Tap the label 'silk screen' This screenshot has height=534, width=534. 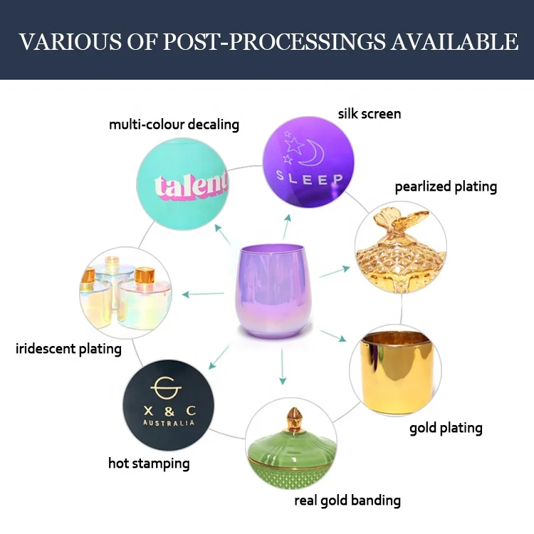pyautogui.click(x=369, y=113)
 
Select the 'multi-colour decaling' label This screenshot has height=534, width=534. pyautogui.click(x=174, y=125)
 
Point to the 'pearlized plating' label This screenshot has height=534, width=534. pyautogui.click(x=446, y=187)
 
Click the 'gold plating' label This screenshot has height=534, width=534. pyautogui.click(x=446, y=428)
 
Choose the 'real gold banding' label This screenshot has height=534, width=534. pyautogui.click(x=347, y=500)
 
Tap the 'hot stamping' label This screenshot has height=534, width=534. pyautogui.click(x=149, y=464)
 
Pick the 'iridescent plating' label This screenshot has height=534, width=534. pyautogui.click(x=68, y=349)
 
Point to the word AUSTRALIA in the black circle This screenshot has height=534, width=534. pyautogui.click(x=168, y=422)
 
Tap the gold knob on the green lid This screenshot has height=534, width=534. pyautogui.click(x=293, y=415)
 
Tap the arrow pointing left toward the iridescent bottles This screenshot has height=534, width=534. pyautogui.click(x=203, y=293)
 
